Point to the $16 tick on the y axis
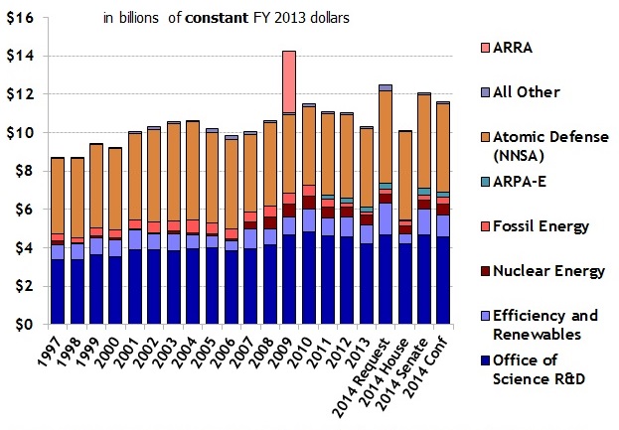[21, 18]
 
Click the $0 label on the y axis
[25, 325]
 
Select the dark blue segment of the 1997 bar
[59, 292]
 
